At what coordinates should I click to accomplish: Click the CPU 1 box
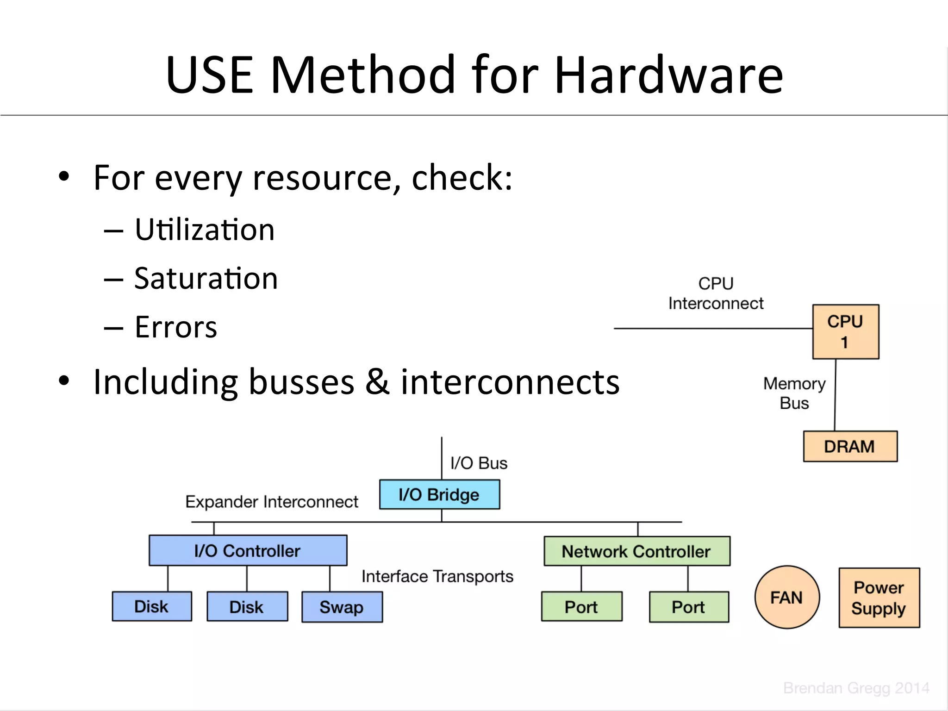845,331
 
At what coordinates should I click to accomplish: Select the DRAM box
850,446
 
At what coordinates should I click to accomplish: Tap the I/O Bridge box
439,494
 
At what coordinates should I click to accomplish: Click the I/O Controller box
248,550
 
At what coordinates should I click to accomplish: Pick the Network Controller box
636,551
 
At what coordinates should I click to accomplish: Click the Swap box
342,607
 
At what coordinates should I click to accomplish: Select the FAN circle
786,597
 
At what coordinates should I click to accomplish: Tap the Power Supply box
879,598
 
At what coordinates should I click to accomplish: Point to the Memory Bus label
794,393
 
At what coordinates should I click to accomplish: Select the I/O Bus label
479,463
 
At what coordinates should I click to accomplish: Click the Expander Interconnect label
272,502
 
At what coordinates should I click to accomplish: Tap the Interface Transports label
437,576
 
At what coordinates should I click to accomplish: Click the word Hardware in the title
668,75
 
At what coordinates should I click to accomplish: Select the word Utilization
205,230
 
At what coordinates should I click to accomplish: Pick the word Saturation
206,279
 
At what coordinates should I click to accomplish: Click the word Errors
176,327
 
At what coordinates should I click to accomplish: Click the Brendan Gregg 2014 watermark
856,688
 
